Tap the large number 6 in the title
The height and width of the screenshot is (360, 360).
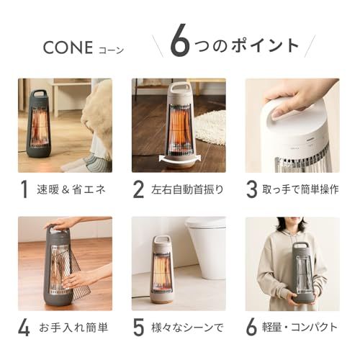tap(180, 42)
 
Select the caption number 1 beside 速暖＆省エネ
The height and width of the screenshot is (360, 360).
tap(24, 190)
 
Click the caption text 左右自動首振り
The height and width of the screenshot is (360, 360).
tap(185, 191)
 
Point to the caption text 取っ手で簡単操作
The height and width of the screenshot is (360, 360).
tap(302, 191)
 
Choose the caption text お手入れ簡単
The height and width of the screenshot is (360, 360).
tap(73, 328)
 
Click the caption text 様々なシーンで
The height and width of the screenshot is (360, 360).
tap(186, 328)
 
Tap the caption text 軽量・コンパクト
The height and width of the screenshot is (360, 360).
tap(303, 328)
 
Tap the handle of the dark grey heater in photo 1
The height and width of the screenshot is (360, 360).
tap(40, 95)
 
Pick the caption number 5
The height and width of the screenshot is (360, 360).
tap(139, 328)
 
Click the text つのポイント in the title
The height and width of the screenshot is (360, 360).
tap(249, 45)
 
